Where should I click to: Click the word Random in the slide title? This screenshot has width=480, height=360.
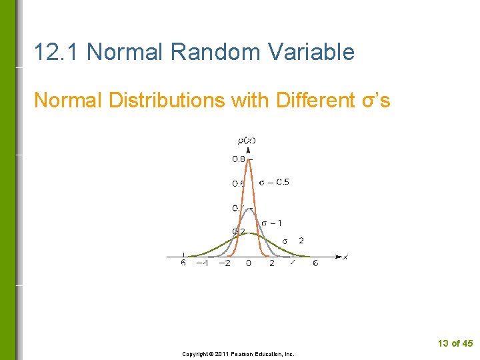204,51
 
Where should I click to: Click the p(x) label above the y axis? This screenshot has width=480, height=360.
247,140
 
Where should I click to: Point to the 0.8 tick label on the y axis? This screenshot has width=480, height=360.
238,159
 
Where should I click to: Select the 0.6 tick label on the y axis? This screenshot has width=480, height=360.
238,183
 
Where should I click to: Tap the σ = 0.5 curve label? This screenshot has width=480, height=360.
274,182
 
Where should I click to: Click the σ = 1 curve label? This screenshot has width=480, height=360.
271,223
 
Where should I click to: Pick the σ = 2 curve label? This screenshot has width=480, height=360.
293,241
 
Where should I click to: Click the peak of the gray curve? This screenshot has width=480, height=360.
249,209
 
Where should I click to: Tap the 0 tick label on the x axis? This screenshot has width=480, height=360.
249,263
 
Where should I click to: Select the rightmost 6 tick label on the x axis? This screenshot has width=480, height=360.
315,263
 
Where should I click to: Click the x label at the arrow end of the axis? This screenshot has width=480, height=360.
345,257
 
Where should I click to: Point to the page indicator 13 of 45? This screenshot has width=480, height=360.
455,343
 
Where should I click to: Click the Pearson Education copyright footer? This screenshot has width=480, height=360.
238,354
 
